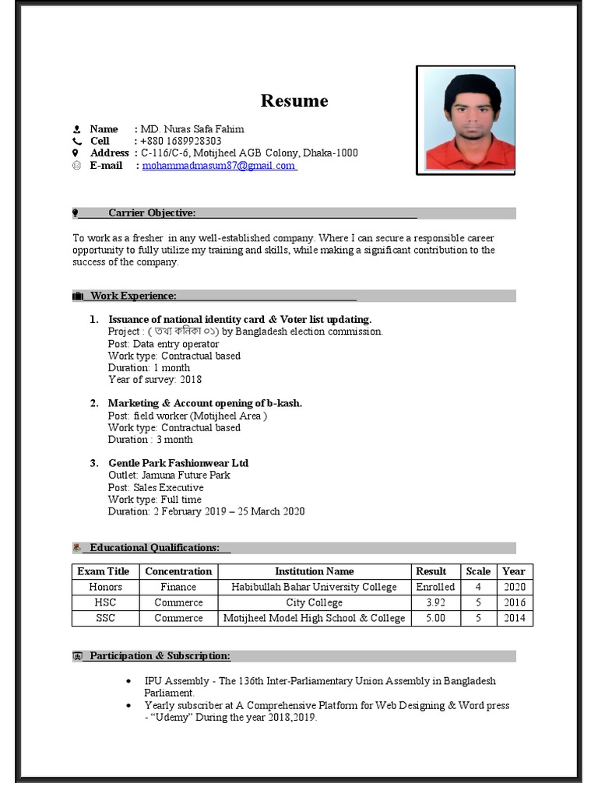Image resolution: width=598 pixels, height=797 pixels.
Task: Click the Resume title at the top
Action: (294, 101)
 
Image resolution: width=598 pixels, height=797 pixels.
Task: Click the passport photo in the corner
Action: (465, 120)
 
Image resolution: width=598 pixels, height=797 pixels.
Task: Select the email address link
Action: (219, 166)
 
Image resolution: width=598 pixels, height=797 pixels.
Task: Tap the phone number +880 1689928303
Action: (181, 141)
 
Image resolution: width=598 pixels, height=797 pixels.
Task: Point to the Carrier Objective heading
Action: (152, 213)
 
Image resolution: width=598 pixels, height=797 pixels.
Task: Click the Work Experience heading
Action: (133, 296)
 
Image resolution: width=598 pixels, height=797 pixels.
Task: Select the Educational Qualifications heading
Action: (154, 548)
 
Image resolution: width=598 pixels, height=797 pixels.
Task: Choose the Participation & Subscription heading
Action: (160, 656)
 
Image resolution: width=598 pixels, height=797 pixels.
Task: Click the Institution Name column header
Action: (314, 571)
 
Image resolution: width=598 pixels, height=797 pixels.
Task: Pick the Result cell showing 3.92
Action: (431, 602)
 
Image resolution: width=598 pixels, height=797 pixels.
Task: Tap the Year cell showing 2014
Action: (514, 618)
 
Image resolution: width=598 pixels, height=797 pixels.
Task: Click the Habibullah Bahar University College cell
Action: (314, 587)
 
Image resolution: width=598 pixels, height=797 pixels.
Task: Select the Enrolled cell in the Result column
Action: (434, 587)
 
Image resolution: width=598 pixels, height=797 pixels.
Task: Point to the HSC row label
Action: (105, 602)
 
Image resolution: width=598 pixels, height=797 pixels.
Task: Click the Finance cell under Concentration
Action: (178, 587)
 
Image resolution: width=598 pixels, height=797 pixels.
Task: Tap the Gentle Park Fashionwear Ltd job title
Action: (178, 463)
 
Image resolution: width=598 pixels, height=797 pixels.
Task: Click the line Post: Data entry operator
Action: (164, 343)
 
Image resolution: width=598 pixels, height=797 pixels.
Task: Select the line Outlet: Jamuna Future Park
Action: (169, 475)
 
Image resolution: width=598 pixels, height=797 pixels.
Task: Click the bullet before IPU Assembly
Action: (128, 682)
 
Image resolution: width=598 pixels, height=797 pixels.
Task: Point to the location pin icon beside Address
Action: (76, 153)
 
